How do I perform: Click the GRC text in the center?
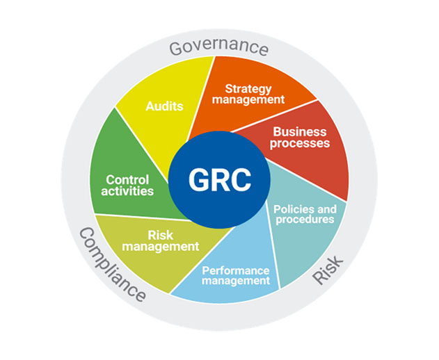219,180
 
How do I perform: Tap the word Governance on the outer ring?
218,48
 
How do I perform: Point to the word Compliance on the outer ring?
111,265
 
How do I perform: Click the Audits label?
164,106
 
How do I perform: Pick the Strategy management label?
254,94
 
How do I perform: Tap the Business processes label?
301,137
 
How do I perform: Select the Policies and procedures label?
305,214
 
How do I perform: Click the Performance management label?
235,275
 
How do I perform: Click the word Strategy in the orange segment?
254,88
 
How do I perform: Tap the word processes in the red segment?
301,143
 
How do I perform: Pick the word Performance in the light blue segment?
235,270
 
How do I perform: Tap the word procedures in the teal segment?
305,220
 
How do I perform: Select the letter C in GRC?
240,180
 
